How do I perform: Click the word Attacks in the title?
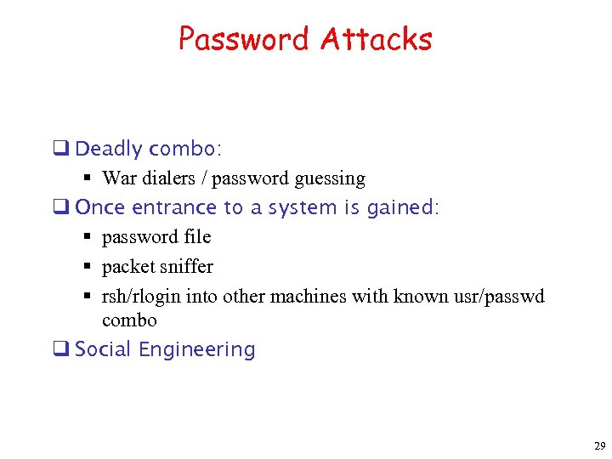pyautogui.click(x=376, y=39)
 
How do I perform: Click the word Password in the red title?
pyautogui.click(x=245, y=39)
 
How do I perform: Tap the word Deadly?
pyautogui.click(x=109, y=149)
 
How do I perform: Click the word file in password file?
pyautogui.click(x=196, y=237)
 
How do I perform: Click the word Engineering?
pyautogui.click(x=197, y=349)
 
